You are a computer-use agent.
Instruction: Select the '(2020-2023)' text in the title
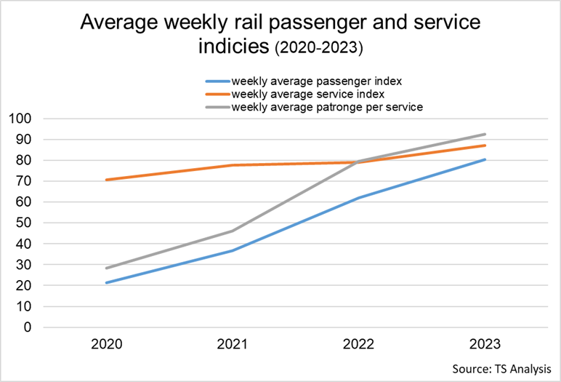(318, 49)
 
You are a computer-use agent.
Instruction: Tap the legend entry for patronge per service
(326, 107)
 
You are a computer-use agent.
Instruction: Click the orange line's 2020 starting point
(108, 180)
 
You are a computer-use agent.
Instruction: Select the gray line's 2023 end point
(485, 134)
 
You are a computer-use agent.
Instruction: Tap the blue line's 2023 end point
(485, 159)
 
